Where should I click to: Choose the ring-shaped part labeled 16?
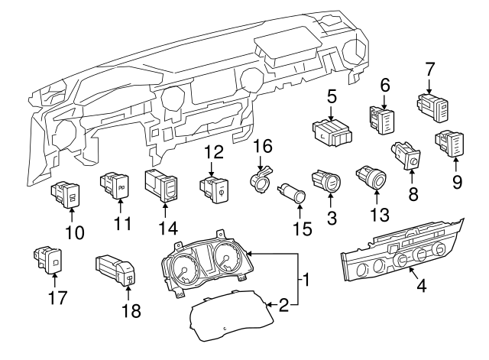tap(261, 180)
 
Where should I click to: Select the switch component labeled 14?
tap(163, 186)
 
